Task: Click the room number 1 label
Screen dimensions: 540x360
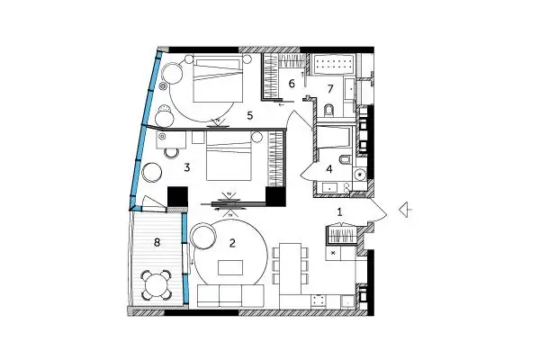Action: [x=339, y=212]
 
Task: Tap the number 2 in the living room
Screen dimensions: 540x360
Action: [x=232, y=243]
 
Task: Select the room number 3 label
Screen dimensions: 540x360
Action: [x=187, y=167]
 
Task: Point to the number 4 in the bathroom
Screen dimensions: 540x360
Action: [x=329, y=169]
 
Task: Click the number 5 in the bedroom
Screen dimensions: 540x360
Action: [x=250, y=116]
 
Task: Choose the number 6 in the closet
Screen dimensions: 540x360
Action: [x=292, y=84]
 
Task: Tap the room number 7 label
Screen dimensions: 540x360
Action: [x=330, y=89]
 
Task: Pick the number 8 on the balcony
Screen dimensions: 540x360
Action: [x=157, y=242]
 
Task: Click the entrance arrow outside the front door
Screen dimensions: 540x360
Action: [x=406, y=209]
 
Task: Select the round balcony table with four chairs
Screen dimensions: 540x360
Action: [x=157, y=285]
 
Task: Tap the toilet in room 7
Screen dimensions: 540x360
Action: [x=329, y=110]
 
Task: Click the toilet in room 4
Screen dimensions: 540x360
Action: [x=345, y=160]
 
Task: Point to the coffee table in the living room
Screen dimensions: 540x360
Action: [x=230, y=267]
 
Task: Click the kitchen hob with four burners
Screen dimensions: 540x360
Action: [x=318, y=301]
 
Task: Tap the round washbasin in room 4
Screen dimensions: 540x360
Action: [x=361, y=175]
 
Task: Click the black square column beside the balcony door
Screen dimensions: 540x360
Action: [x=177, y=197]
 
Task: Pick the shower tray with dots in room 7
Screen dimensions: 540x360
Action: [x=333, y=64]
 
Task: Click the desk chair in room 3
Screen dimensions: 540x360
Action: [x=172, y=153]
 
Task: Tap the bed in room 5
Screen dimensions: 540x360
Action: [x=218, y=79]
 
